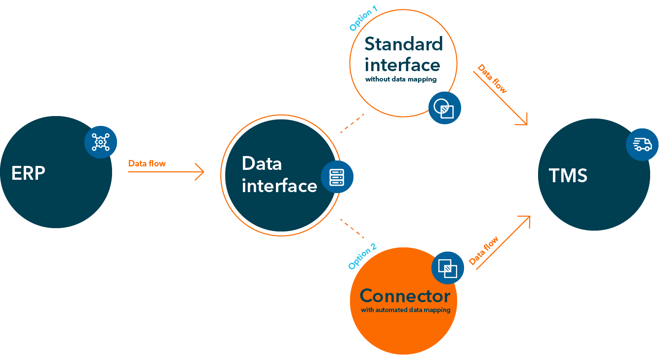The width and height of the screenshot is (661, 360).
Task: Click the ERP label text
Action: coord(28,173)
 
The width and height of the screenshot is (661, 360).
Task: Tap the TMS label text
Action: coord(568,176)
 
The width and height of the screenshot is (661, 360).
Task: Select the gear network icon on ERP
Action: coord(101,142)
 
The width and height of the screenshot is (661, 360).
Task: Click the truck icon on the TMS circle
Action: coord(642,144)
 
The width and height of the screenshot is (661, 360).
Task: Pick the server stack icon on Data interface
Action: coord(337,177)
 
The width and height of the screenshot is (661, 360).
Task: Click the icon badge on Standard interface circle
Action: coord(444,108)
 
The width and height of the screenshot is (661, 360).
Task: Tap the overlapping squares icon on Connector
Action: coord(448,268)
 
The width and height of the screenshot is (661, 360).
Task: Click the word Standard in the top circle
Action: coord(403,44)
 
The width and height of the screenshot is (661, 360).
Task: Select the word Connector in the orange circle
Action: coord(405,296)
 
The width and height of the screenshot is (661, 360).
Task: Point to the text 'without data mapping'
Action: coord(401,79)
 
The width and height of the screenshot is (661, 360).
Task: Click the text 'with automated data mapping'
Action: coord(405,310)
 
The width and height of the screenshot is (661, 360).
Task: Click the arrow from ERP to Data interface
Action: coord(166,172)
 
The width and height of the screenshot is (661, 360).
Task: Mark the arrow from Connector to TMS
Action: coord(504,242)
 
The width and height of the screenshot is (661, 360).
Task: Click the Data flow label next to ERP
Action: coord(147,163)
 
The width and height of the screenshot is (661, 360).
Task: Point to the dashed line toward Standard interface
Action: coord(352,123)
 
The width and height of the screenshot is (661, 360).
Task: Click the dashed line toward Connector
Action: coord(352,228)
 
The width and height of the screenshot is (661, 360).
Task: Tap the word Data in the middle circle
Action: coord(262,163)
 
